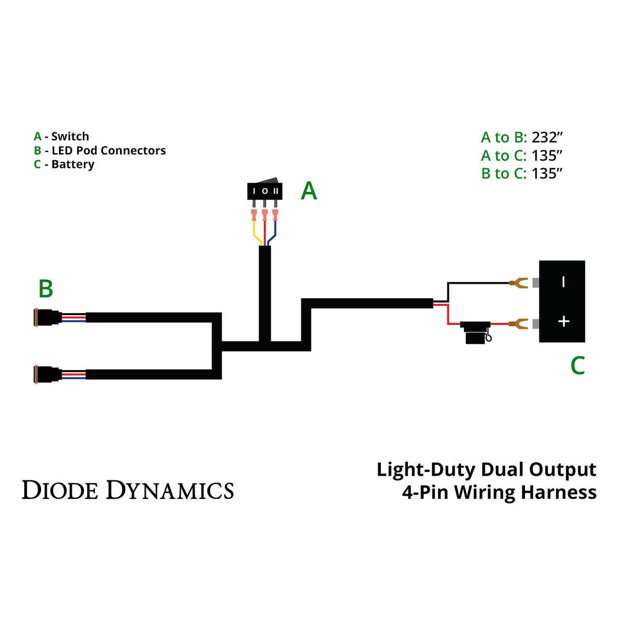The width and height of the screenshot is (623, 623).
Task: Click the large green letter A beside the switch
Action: [308, 191]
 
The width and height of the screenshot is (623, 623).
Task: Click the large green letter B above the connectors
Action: [46, 289]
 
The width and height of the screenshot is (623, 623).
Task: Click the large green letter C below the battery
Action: [578, 365]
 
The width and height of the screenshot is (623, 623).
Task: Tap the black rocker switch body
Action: [265, 190]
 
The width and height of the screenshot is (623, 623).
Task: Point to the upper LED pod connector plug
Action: [47, 318]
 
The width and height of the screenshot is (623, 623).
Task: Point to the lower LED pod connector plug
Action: [47, 374]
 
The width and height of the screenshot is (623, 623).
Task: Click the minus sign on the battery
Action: [563, 282]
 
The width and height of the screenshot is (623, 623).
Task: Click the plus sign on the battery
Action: [563, 321]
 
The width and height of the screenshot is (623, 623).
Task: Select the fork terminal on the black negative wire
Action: [518, 282]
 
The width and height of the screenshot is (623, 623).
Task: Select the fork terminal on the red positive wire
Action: [518, 323]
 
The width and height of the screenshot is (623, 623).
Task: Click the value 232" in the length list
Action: [547, 138]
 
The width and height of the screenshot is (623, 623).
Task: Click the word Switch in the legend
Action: [70, 137]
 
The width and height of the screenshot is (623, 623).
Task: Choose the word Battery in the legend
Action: [73, 165]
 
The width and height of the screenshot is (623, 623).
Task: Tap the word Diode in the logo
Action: [60, 490]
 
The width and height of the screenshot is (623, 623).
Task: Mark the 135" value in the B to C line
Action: [547, 173]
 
